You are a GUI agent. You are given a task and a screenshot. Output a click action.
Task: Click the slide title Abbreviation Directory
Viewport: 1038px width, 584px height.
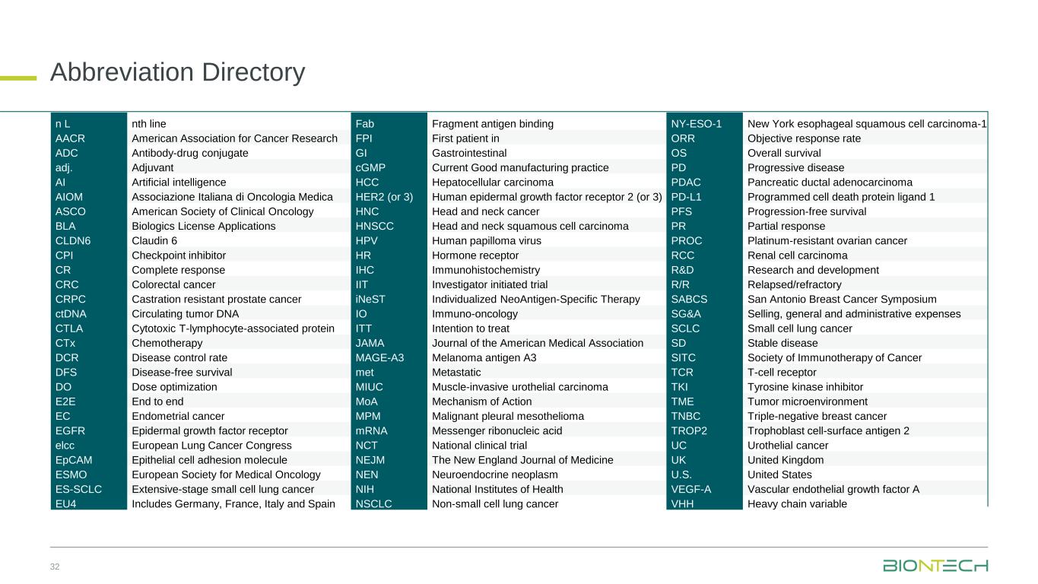(177, 72)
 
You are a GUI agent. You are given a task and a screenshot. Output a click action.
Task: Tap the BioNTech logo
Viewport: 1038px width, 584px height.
(935, 566)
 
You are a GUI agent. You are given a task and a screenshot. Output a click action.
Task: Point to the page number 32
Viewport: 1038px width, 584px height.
(55, 567)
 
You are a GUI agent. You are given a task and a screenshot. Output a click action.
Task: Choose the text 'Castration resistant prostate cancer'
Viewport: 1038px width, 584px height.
(217, 299)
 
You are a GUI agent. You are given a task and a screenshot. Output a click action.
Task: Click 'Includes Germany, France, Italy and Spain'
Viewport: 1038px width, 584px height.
(234, 504)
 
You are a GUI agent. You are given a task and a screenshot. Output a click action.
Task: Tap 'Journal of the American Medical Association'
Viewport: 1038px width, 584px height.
(538, 343)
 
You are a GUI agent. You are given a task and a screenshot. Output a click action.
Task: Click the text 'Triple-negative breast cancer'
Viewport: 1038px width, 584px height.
(817, 416)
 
